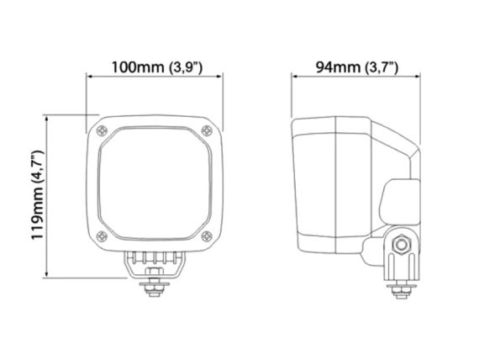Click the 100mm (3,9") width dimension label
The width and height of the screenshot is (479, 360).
point(156,67)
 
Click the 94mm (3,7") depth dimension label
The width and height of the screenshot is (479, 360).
point(357,67)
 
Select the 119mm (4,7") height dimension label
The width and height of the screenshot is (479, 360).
point(38,195)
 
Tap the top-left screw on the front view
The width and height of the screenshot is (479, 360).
point(102,131)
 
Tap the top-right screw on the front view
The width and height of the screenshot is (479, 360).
point(207,130)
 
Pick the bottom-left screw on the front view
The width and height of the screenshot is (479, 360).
point(102,236)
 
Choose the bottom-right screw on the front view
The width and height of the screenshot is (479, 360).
point(207,236)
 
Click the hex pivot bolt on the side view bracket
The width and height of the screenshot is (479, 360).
point(401,244)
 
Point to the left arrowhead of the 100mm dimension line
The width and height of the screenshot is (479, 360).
point(89,77)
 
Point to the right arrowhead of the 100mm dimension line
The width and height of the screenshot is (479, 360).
point(219,77)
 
